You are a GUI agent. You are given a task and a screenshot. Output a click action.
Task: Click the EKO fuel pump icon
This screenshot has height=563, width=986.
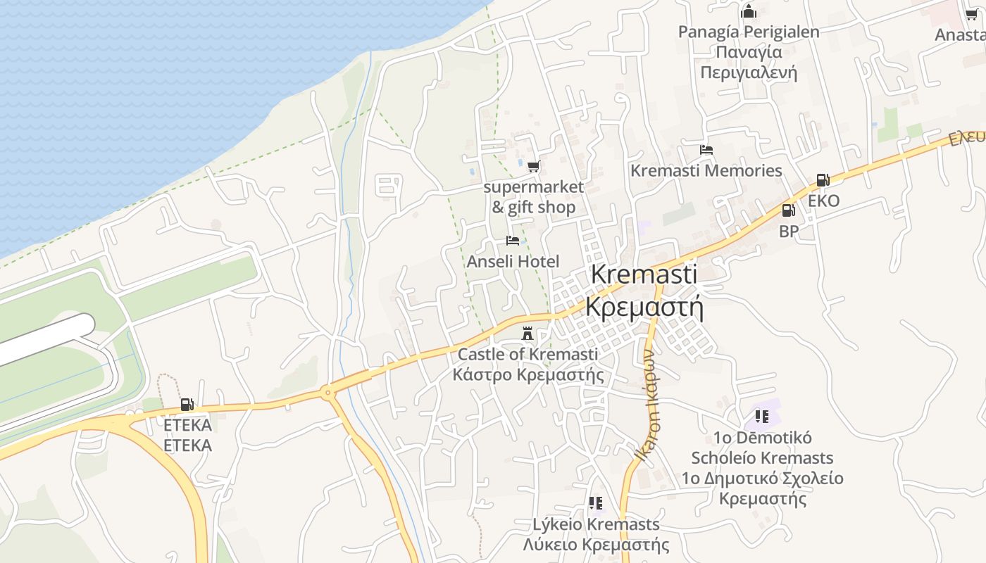click(823, 180)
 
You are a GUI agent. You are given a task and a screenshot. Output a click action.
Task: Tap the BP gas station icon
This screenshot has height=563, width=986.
click(788, 210)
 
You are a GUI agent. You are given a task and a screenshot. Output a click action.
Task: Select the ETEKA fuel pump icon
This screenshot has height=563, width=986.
click(187, 405)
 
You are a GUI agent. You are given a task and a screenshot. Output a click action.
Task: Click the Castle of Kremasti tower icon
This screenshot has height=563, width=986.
click(527, 333)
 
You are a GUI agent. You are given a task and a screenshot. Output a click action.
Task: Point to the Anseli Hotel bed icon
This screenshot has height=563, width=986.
click(513, 241)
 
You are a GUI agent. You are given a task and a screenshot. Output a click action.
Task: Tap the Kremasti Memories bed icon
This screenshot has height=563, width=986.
click(706, 150)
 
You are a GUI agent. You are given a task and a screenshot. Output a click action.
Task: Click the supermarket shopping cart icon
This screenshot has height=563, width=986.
click(533, 167)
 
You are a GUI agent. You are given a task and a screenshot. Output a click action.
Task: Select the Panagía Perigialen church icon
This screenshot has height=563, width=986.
click(749, 11)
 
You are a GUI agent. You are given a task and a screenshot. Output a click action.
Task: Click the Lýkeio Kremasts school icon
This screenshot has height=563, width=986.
click(596, 503)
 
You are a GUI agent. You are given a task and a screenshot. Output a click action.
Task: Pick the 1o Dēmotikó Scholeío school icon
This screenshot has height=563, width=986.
click(761, 417)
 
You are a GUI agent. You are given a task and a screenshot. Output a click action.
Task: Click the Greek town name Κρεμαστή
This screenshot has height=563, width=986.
click(644, 308)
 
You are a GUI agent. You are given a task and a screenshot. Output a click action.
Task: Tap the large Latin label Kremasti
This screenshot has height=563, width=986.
click(644, 274)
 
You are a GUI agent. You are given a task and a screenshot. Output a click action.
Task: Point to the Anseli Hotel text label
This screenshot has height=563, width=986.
click(513, 262)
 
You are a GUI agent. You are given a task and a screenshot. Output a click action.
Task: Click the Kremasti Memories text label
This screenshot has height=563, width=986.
click(706, 170)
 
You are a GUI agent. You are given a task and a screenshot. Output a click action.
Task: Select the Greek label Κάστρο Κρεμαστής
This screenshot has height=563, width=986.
click(528, 374)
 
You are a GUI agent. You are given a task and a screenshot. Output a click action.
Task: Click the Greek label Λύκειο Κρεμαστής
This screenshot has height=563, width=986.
click(596, 545)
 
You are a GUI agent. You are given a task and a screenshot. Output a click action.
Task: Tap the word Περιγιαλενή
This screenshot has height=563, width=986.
click(749, 72)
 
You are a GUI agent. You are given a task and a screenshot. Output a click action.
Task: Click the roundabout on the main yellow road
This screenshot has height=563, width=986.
click(327, 393)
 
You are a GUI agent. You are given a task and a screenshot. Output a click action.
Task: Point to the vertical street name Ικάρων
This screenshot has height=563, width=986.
click(646, 405)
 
